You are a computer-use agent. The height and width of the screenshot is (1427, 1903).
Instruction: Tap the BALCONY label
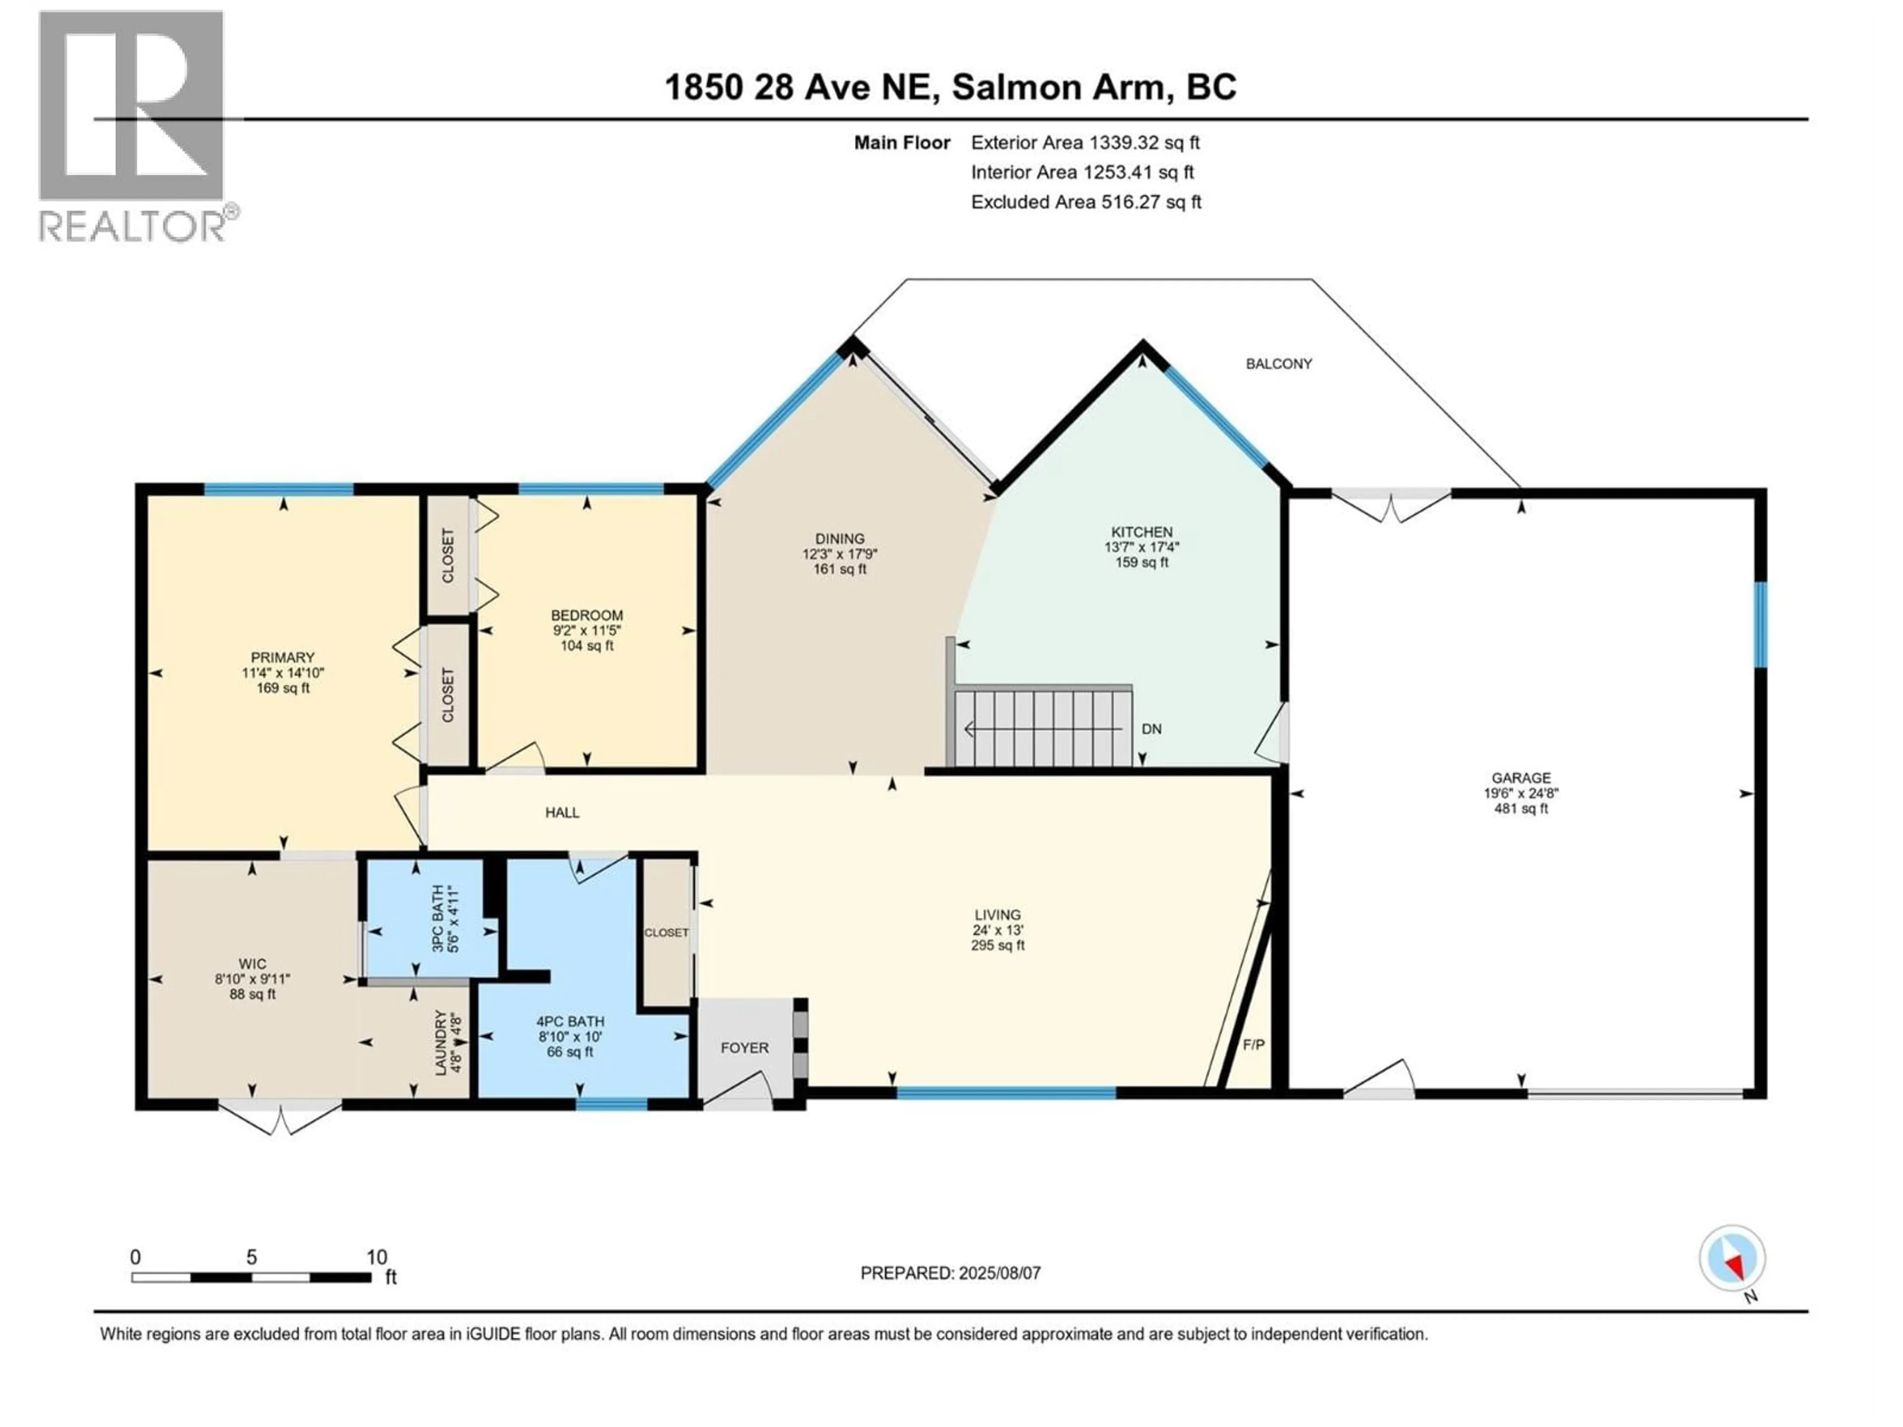(1279, 364)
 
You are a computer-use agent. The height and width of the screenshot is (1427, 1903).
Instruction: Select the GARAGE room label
(1521, 792)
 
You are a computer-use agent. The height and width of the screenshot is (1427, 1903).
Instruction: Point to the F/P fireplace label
(1253, 1044)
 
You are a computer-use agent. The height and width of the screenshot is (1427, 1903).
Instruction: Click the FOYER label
(744, 1047)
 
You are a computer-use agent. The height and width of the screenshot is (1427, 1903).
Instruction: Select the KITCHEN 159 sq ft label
(1142, 547)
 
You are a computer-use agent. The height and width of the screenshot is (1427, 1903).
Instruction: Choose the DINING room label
(840, 553)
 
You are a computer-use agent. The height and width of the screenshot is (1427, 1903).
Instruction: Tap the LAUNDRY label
(448, 1042)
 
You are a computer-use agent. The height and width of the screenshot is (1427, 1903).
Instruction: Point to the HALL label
(562, 812)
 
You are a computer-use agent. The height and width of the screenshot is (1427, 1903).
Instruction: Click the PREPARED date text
(950, 1273)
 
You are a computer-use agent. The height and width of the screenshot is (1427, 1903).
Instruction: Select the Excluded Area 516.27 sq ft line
(1086, 202)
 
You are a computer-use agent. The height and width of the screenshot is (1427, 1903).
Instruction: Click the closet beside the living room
(666, 933)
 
